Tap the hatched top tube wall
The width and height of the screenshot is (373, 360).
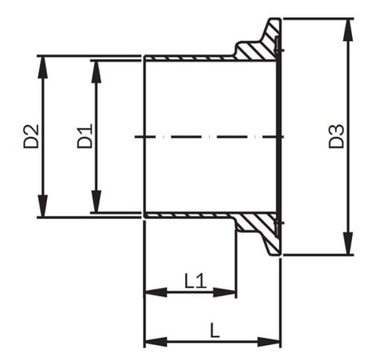click(x=190, y=57)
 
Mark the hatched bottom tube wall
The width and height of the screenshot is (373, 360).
click(x=190, y=216)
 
